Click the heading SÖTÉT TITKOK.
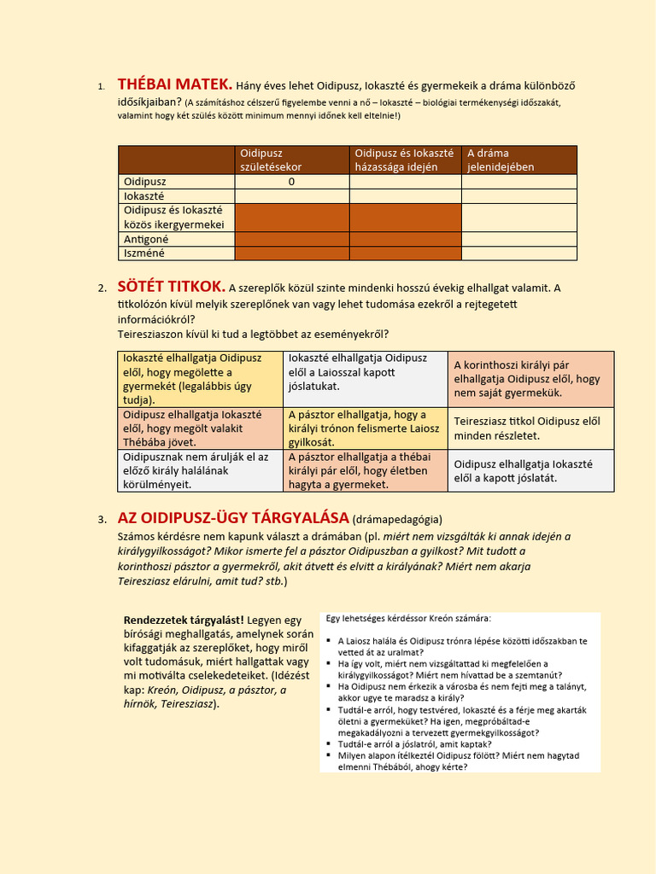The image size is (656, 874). point(172,287)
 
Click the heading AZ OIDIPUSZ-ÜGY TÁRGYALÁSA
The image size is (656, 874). point(233,518)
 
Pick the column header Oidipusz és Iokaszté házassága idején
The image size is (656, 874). point(405,160)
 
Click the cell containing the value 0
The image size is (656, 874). point(291,181)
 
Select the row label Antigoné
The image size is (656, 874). point(146,239)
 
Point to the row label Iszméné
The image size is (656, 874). point(144,253)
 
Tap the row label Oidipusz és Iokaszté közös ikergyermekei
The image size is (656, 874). point(174,217)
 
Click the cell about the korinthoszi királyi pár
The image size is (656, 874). point(531,379)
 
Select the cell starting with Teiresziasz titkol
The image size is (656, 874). point(531,428)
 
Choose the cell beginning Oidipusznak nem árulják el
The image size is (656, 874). point(200,470)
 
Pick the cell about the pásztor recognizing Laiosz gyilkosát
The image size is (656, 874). point(366,428)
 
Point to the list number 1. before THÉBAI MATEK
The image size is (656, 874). point(100,87)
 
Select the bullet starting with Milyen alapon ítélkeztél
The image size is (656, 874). point(459,760)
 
